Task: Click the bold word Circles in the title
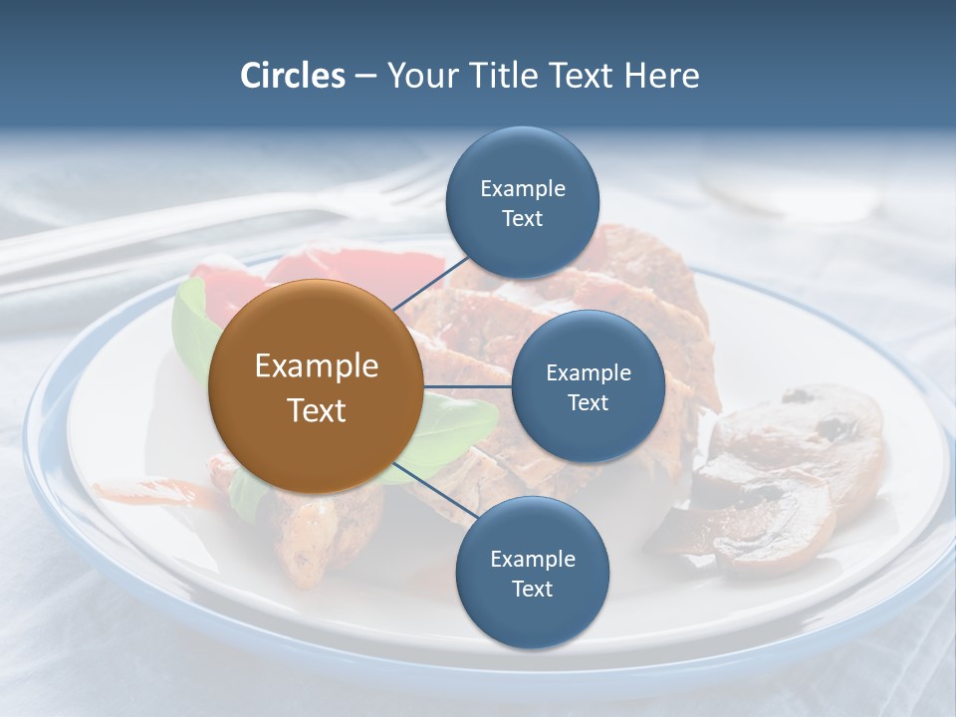click(292, 76)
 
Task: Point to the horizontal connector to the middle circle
click(467, 386)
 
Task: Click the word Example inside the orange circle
click(317, 365)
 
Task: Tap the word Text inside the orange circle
click(317, 409)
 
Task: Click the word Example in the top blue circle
click(522, 188)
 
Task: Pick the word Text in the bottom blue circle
click(532, 589)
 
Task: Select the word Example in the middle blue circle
click(588, 372)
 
